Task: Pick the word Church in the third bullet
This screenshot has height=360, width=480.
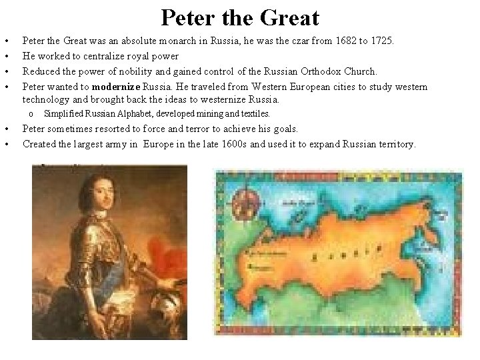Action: (x=359, y=71)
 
